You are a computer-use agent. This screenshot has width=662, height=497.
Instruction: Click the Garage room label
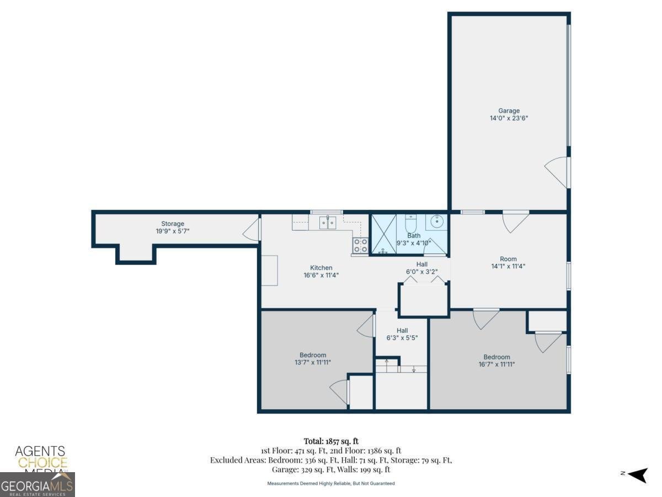pos(508,110)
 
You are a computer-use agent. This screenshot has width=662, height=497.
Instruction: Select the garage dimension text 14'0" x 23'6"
pos(508,118)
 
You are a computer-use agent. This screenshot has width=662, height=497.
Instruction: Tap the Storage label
pos(173,224)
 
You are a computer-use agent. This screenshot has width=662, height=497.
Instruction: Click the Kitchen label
pos(321,268)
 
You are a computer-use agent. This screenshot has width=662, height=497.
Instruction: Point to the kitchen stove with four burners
pos(360,246)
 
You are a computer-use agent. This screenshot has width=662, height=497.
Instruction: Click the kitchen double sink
pos(328,223)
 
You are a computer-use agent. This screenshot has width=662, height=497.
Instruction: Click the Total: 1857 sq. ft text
pos(330,441)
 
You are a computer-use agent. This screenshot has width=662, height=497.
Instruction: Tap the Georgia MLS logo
pos(37,485)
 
